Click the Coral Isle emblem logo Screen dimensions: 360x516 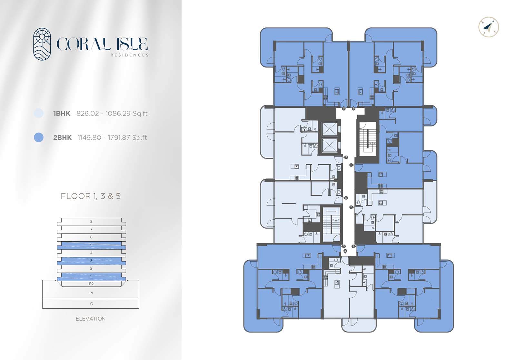(42, 44)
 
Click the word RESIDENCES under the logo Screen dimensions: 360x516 (130, 55)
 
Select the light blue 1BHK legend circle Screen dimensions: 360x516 (39, 113)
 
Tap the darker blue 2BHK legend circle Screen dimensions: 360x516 (39, 137)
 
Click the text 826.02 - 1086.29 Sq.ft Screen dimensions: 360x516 (112, 114)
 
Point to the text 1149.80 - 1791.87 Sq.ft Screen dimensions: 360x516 (112, 138)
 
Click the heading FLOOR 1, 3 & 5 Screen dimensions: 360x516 (91, 196)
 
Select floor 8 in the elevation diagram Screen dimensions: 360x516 (91, 222)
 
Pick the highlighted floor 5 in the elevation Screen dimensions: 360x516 (91, 245)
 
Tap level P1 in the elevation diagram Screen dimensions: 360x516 (91, 293)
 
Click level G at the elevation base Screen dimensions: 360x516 (91, 304)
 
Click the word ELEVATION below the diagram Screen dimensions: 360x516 (91, 319)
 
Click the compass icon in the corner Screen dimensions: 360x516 (489, 27)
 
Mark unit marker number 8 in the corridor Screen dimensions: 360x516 (344, 109)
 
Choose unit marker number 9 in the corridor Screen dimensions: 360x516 (353, 109)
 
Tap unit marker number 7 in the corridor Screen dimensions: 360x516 (346, 157)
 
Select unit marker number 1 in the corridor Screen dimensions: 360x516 (351, 165)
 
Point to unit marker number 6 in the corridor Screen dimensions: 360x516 (346, 198)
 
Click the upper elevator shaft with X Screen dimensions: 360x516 (329, 129)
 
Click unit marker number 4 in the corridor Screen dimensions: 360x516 (345, 251)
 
